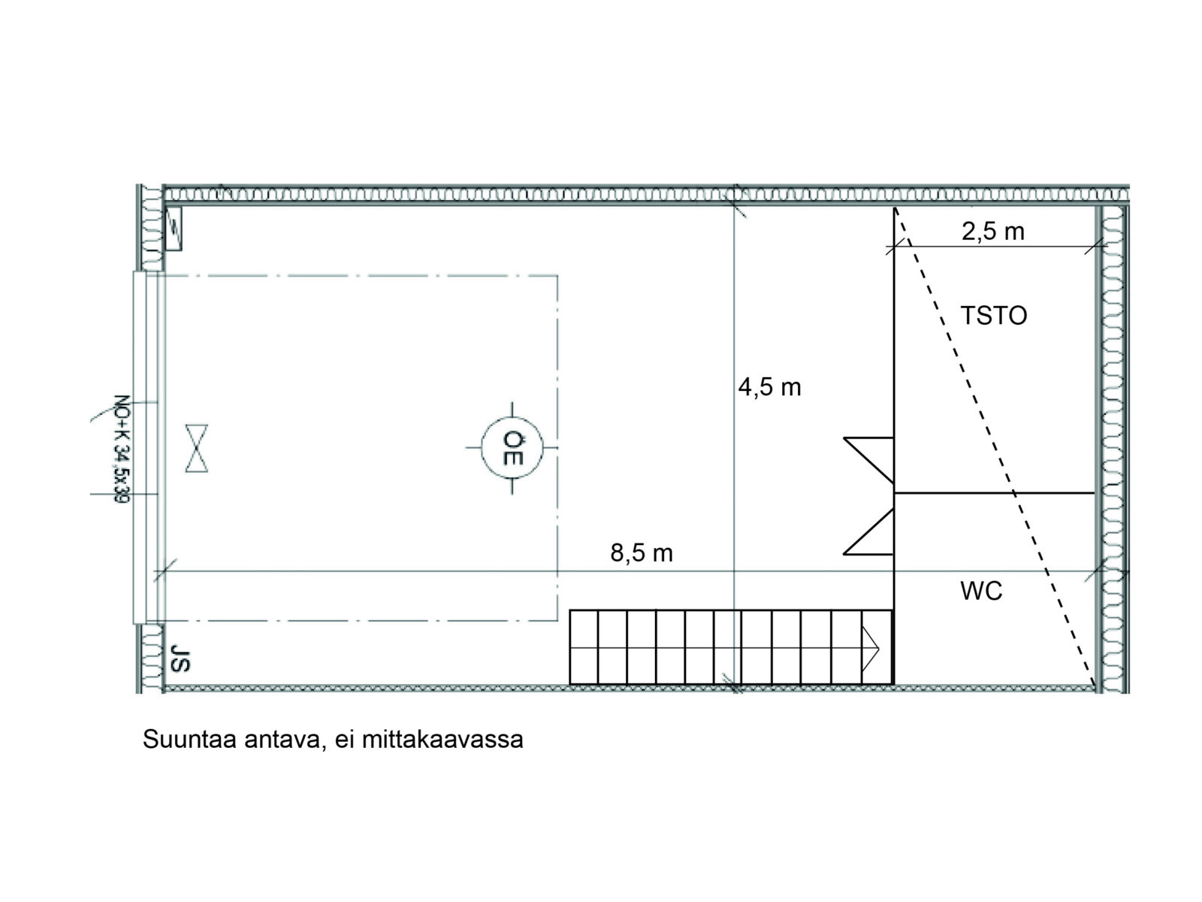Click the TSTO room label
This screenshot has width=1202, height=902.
click(x=993, y=316)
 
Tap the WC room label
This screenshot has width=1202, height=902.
click(x=981, y=591)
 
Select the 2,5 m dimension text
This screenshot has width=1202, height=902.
click(x=993, y=232)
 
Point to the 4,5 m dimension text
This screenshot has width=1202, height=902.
click(x=769, y=388)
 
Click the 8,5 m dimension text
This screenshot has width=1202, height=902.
click(x=642, y=553)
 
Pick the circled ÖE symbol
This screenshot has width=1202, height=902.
click(x=512, y=447)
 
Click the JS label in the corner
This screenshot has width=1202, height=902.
click(x=180, y=658)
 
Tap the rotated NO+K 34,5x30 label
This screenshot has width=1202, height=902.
click(x=122, y=449)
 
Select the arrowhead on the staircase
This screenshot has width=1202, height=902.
click(x=870, y=649)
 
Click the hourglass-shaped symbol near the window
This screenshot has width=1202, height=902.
click(x=197, y=448)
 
